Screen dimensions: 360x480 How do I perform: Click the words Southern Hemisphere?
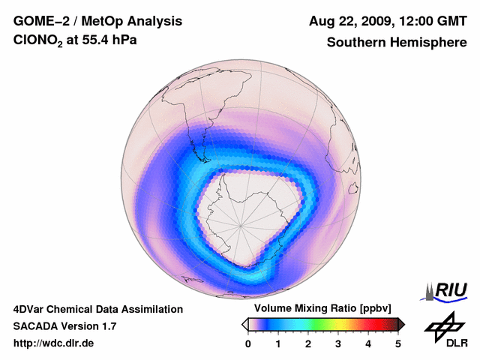click(396, 43)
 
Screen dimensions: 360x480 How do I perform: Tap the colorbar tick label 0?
click(248, 343)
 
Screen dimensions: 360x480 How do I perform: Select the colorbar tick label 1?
click(278, 343)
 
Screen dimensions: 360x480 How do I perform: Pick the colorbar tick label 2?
click(308, 343)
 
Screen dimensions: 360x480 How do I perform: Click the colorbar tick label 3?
click(338, 343)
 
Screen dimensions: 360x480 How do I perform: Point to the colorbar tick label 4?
click(368, 343)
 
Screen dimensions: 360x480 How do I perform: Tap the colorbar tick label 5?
click(398, 343)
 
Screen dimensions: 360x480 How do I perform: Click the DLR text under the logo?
click(457, 343)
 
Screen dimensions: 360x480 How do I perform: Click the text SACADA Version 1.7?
click(64, 326)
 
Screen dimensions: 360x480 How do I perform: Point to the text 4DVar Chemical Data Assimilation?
click(98, 309)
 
